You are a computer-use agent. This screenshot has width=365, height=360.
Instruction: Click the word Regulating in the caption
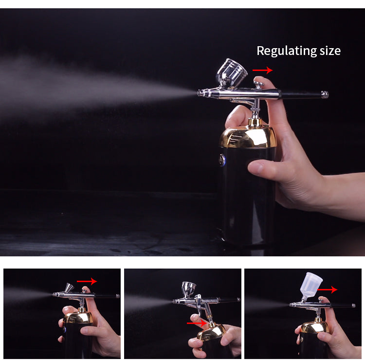[283, 51]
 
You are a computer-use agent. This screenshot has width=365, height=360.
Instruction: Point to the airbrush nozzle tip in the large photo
[200, 92]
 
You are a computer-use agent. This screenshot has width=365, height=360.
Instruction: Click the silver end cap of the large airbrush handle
[325, 94]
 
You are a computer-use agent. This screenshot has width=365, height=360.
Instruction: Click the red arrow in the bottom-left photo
[87, 281]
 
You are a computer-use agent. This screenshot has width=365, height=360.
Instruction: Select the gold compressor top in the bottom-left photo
[78, 318]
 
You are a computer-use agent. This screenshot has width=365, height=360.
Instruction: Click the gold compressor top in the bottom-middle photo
[211, 332]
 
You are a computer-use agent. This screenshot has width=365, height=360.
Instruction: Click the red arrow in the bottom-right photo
[327, 289]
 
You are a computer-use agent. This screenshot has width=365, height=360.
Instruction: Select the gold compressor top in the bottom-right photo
[314, 326]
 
